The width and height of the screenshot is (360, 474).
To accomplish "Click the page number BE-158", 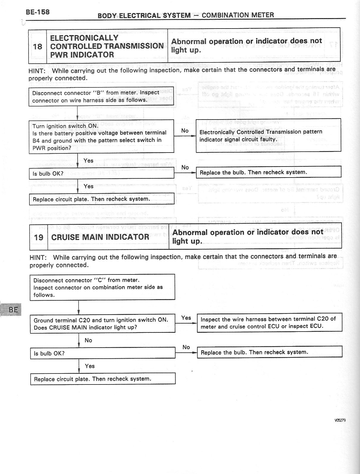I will pyautogui.click(x=38, y=12).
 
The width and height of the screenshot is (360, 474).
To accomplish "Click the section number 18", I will pyautogui.click(x=38, y=46).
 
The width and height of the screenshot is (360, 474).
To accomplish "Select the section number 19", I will pyautogui.click(x=39, y=237).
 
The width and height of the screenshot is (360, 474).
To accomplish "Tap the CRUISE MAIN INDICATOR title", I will pyautogui.click(x=100, y=237).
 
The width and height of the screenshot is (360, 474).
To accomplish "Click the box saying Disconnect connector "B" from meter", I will pyautogui.click(x=101, y=97).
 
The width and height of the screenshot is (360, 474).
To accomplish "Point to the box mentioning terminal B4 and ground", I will pyautogui.click(x=101, y=137).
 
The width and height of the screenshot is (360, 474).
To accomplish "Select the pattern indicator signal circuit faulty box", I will pyautogui.click(x=268, y=136).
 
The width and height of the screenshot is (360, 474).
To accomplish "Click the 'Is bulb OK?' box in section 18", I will pyautogui.click(x=101, y=173).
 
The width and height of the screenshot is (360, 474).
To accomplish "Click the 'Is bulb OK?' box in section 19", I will pyautogui.click(x=103, y=353).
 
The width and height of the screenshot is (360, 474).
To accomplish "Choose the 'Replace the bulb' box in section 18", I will pyautogui.click(x=268, y=172).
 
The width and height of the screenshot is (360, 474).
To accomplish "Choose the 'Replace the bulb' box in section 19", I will pyautogui.click(x=269, y=352).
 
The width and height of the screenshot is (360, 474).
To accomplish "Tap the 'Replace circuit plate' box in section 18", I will pyautogui.click(x=101, y=199).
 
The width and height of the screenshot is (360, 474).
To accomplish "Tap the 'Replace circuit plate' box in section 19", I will pyautogui.click(x=103, y=379).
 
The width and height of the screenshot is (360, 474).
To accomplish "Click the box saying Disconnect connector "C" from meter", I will pyautogui.click(x=102, y=287).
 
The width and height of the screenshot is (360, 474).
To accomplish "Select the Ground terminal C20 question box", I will pyautogui.click(x=103, y=324).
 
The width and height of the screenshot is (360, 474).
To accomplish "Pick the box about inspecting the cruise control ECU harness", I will pyautogui.click(x=269, y=323).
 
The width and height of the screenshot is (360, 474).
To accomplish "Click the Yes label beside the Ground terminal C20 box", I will pyautogui.click(x=186, y=318).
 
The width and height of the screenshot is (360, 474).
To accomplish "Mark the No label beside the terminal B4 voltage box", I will pyautogui.click(x=185, y=131).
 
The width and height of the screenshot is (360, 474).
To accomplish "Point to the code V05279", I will pyautogui.click(x=340, y=420).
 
